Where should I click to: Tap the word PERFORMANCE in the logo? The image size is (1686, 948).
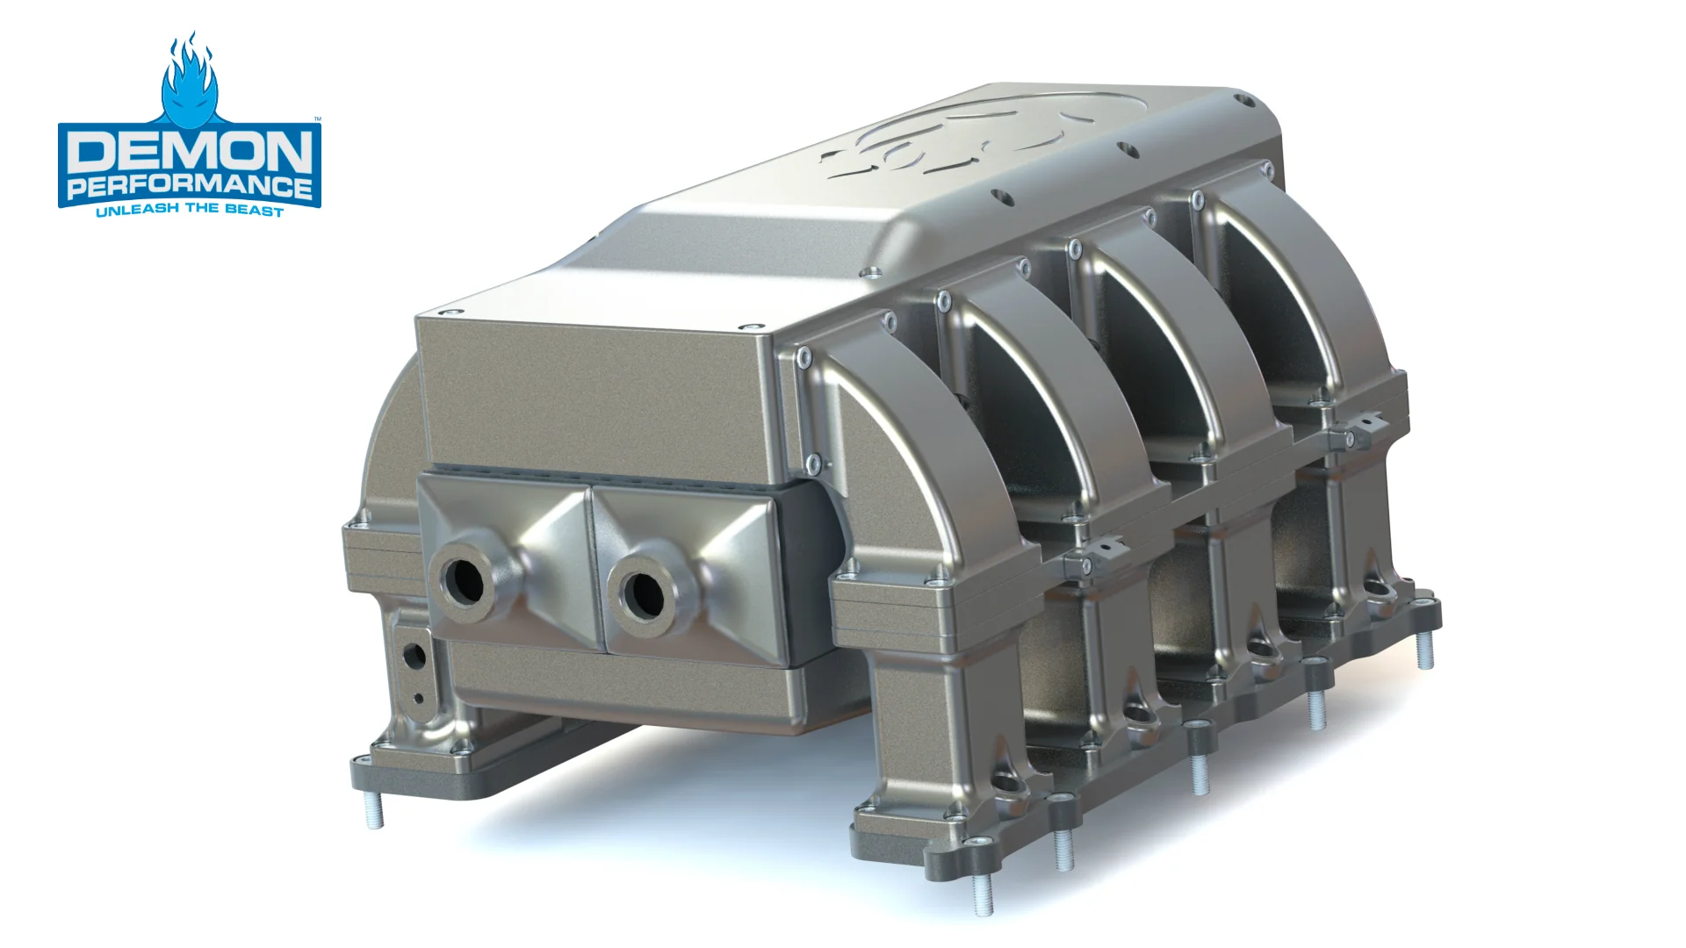coord(190,187)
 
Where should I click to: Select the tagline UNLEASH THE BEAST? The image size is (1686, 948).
coord(190,211)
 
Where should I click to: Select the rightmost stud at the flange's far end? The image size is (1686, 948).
coord(1426,650)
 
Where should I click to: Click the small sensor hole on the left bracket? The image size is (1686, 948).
coord(413,654)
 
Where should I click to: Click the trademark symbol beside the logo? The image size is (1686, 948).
coord(318,118)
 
